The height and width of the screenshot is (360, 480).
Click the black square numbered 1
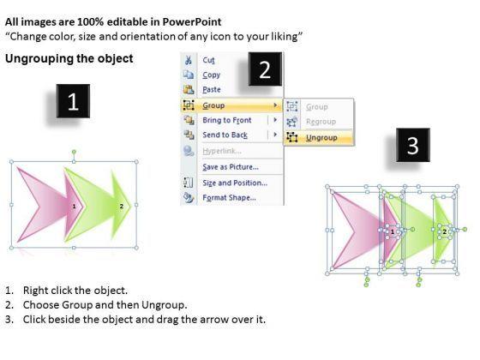coord(73,101)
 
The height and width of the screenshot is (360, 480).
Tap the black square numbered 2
coord(265,69)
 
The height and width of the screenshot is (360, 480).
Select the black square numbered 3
coord(413,145)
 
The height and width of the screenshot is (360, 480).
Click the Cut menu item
coord(208,60)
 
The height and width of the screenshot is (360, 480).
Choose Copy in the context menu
coord(211,75)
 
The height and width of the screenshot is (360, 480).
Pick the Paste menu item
coord(212,90)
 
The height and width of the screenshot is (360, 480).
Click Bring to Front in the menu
coord(227,120)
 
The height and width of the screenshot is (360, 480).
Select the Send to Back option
coord(225,135)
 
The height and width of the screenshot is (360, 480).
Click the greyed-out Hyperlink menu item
coord(222,151)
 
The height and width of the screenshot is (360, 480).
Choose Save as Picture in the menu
coord(231,167)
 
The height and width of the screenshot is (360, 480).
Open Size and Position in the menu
coord(235,183)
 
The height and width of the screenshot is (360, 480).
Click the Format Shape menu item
coord(230,198)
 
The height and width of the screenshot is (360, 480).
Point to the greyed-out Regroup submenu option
coord(321,122)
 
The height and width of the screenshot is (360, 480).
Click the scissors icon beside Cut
coord(189,60)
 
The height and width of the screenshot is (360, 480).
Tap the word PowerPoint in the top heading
coord(192,21)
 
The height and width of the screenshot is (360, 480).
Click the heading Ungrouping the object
coord(69,58)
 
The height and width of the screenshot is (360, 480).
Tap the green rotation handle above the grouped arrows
coord(74,152)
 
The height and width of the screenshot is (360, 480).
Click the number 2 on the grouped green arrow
coord(122,207)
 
